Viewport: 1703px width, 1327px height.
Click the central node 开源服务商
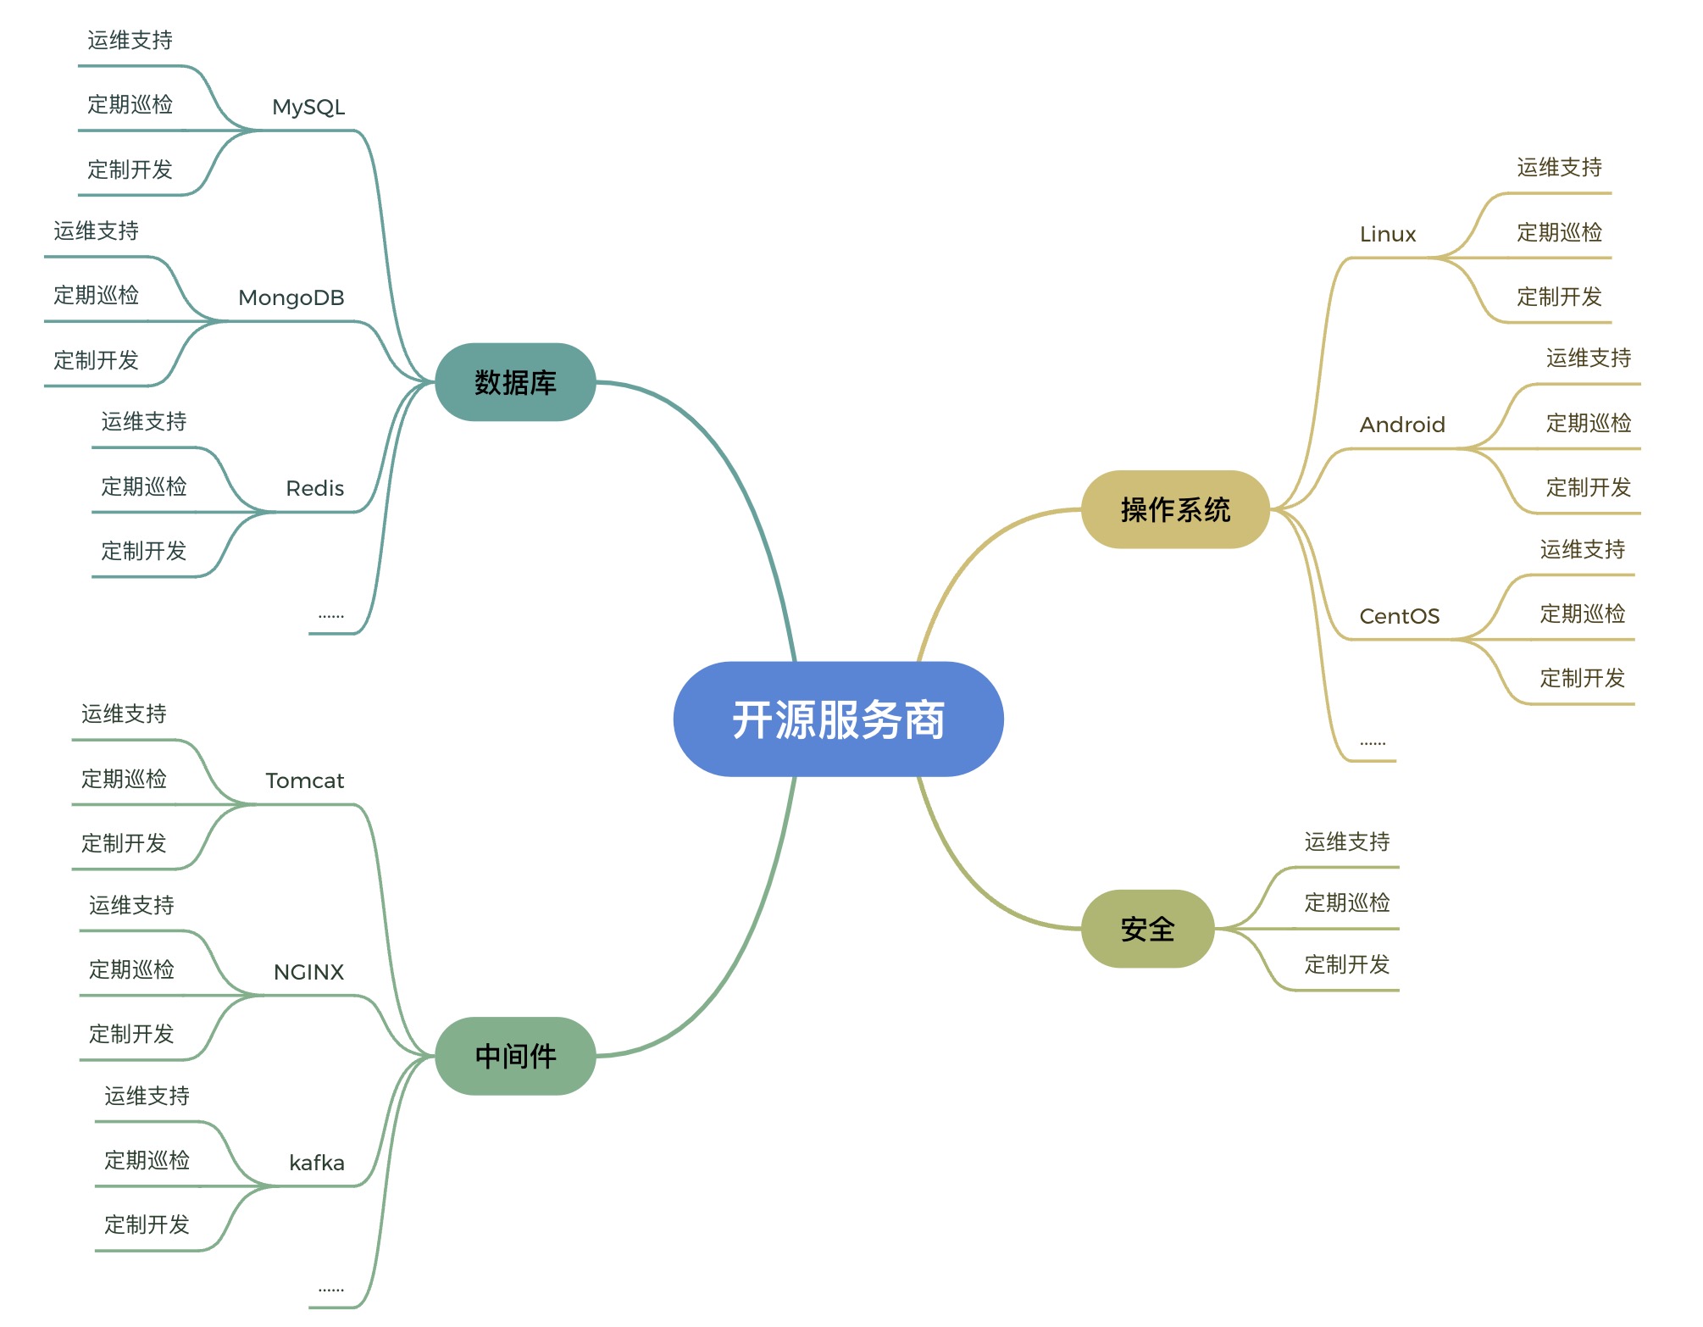point(838,719)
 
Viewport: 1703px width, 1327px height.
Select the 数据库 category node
point(515,382)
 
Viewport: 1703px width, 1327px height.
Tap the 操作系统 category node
point(1175,509)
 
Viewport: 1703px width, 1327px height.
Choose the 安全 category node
point(1147,929)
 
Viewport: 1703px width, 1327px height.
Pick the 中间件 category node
point(515,1056)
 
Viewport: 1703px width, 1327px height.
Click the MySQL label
point(308,108)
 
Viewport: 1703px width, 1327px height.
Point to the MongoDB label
point(291,298)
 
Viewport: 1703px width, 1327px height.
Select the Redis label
point(315,489)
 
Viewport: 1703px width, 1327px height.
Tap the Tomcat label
point(305,780)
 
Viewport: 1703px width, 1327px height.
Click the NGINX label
point(309,972)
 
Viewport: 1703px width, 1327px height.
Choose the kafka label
point(317,1163)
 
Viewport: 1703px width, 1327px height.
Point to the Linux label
point(1388,234)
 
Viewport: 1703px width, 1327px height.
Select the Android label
point(1402,425)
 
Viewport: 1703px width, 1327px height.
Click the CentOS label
point(1400,616)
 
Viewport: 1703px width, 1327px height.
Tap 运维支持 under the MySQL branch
point(130,40)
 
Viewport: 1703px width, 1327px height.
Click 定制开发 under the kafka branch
point(147,1224)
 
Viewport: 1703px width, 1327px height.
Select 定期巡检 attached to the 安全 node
point(1347,902)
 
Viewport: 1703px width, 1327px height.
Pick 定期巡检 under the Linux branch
point(1560,232)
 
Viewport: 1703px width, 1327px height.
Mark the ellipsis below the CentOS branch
point(1373,743)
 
